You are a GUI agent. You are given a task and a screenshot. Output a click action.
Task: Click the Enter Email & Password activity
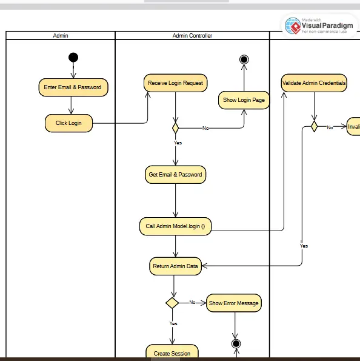point(72,87)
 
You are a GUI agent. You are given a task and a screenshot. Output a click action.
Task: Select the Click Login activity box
point(68,123)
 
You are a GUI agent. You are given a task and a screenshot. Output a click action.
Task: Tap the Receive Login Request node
point(175,83)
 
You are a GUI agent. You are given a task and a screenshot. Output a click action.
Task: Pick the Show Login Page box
point(244,100)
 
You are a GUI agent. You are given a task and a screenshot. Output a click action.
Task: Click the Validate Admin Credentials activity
point(314,83)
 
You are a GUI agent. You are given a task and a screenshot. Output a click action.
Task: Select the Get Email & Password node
point(175,175)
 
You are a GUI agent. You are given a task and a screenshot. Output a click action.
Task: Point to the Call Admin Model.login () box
point(175,226)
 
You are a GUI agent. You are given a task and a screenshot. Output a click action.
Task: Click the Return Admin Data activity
point(175,266)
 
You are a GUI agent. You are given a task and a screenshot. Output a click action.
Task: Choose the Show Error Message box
point(233,303)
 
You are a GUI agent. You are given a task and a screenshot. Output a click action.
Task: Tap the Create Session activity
point(172,353)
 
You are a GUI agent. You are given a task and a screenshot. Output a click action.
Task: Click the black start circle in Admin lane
point(73,58)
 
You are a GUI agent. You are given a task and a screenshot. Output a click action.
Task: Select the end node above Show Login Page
point(244,59)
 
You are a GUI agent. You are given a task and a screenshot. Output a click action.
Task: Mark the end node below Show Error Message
point(236,344)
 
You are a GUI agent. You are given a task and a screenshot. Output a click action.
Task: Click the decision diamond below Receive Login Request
point(176,128)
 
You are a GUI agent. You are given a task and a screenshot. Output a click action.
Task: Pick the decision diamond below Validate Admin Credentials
point(314,127)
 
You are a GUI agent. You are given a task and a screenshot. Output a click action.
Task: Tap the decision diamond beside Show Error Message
point(172,302)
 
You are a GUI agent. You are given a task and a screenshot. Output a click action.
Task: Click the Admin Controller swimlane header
point(192,36)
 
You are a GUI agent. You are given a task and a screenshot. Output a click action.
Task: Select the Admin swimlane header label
point(61,36)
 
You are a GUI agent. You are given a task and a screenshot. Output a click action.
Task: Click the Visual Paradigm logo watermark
point(319,25)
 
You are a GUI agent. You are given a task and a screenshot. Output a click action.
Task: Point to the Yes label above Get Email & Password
point(178,143)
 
